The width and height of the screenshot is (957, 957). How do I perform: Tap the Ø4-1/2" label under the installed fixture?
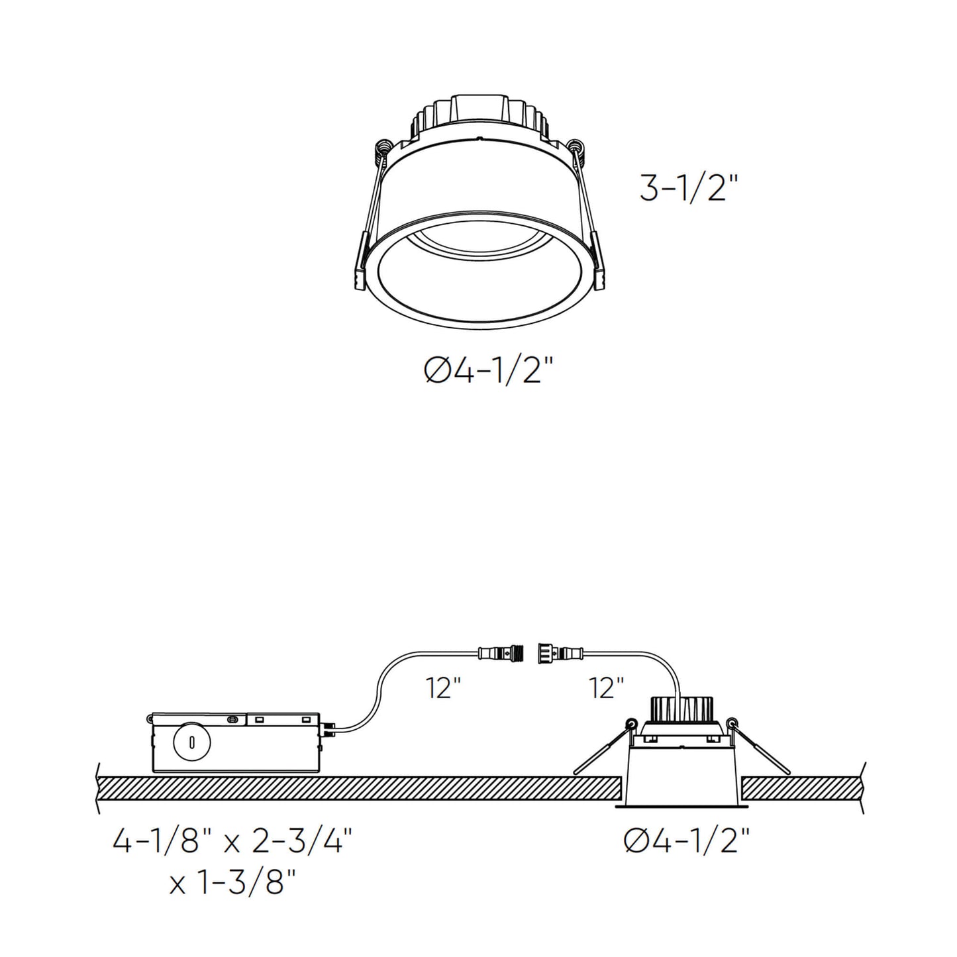[686, 842]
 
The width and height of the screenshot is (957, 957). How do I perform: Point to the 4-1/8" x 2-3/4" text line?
[232, 842]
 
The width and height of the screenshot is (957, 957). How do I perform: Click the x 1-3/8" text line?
[232, 883]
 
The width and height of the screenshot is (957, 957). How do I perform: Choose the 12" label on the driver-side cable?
[444, 689]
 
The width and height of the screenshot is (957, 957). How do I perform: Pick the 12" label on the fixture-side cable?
[607, 689]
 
